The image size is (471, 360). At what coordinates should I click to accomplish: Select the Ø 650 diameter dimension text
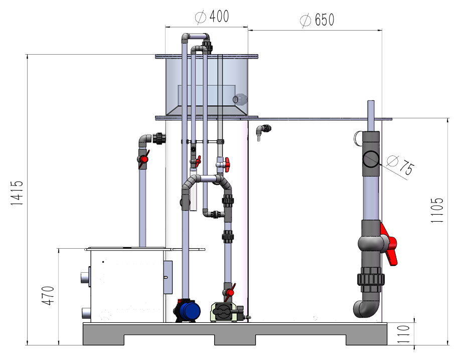coord(317,20)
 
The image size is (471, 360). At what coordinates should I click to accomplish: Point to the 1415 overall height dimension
coord(17,193)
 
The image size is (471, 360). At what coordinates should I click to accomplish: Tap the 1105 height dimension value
coord(437,210)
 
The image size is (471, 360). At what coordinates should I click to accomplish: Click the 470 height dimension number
coord(48,296)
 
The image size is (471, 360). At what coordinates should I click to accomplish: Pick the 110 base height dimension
coord(403,334)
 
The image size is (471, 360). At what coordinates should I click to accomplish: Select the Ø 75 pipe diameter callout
coord(401,164)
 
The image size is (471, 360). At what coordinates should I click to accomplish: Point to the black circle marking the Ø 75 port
coord(371,159)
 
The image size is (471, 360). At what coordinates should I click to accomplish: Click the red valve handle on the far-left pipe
coord(144,158)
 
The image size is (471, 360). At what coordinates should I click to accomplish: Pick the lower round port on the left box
coord(86,313)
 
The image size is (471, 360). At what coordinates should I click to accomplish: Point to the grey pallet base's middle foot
coord(235,339)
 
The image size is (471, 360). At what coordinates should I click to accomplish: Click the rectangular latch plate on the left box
coord(168,277)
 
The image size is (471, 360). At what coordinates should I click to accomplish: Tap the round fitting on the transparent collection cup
coord(240,99)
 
